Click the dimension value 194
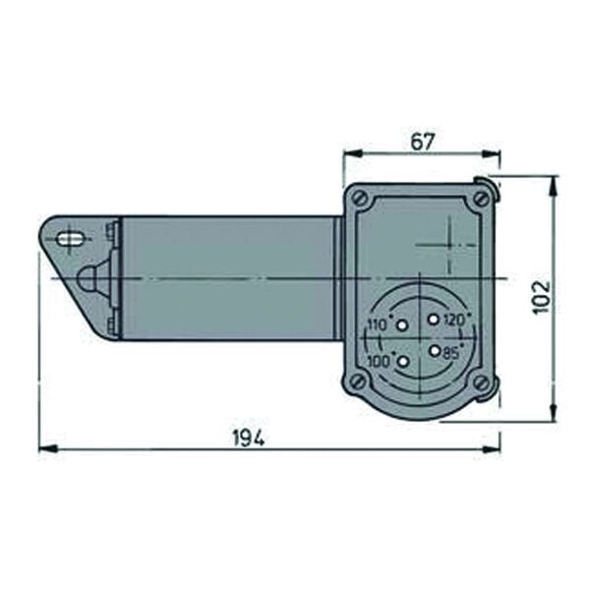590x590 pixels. tap(250, 438)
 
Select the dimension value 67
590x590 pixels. tap(422, 142)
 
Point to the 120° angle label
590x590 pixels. tap(452, 321)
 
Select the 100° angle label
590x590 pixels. tap(379, 362)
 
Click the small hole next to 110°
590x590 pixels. tap(401, 325)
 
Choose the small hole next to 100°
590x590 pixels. tap(401, 362)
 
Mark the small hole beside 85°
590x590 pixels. tap(434, 348)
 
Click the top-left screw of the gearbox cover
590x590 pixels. tap(361, 199)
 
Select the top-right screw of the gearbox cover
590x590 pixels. tap(480, 199)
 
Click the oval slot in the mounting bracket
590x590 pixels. tap(71, 238)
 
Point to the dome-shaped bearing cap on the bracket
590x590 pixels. tap(88, 278)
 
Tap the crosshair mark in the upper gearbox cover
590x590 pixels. tap(448, 242)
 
